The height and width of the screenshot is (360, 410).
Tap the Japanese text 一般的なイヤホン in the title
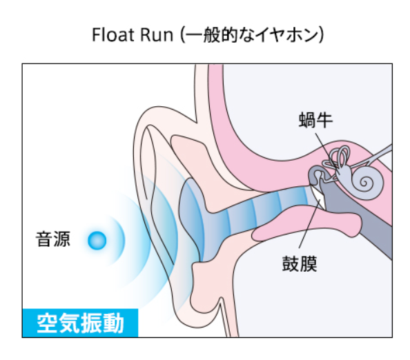(253, 35)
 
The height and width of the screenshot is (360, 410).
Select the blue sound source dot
(97, 241)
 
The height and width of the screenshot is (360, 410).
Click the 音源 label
(53, 239)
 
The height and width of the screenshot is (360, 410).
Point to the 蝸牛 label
(315, 120)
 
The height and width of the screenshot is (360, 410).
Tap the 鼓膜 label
(300, 263)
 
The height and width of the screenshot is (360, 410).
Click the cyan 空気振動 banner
(80, 323)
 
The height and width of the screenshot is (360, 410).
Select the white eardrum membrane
(318, 198)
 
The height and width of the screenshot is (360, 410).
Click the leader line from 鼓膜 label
(310, 223)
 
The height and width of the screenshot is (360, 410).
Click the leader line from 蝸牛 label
(325, 151)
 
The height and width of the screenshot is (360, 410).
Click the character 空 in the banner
(47, 323)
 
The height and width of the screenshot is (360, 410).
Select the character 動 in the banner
(113, 323)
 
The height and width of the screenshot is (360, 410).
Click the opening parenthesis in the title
(182, 35)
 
